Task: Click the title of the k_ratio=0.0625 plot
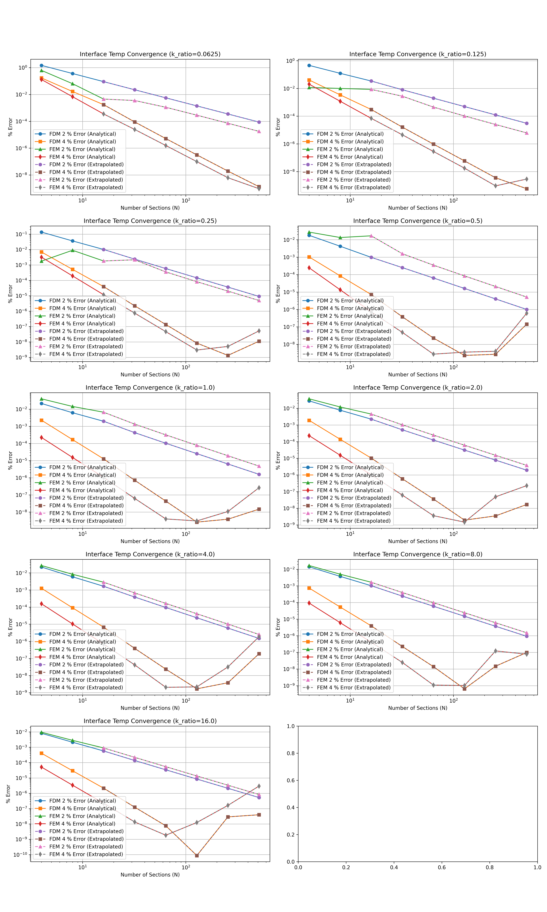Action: click(x=150, y=54)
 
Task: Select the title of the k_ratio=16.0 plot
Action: click(x=150, y=721)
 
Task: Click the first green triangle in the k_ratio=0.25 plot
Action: click(x=41, y=261)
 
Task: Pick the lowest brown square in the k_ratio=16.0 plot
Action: click(x=197, y=855)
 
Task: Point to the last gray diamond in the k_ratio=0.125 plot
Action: click(x=526, y=179)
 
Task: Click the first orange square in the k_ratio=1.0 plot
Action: click(x=41, y=420)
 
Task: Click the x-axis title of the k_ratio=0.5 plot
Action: click(x=418, y=375)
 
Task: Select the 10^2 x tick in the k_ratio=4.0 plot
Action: click(x=186, y=700)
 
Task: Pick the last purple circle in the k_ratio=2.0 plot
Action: click(x=526, y=470)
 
